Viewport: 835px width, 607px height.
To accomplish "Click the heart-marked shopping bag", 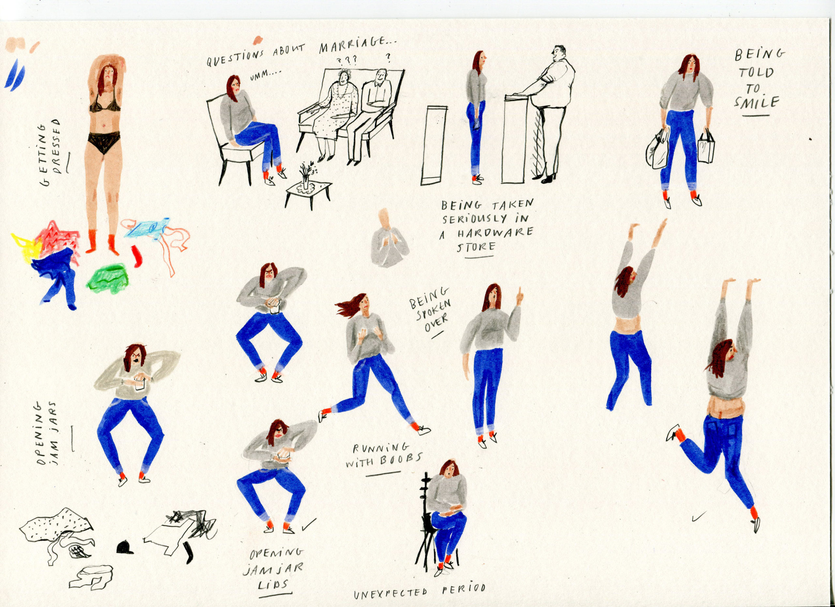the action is (706, 147).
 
